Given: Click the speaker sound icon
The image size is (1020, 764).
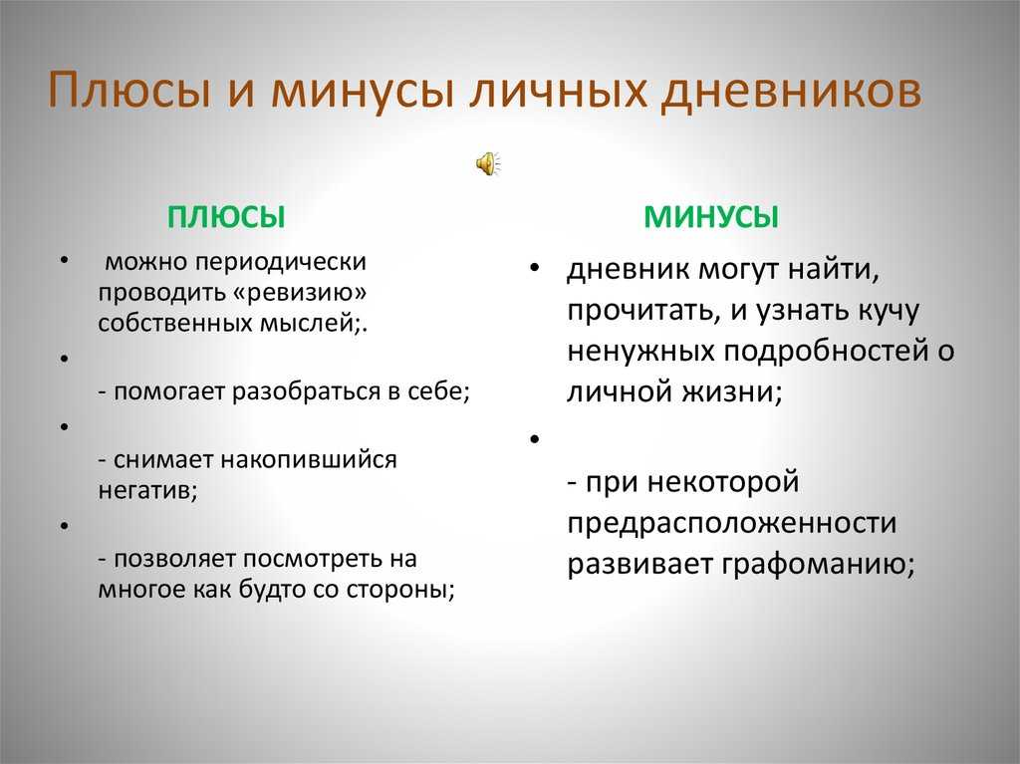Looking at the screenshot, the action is pos(488,163).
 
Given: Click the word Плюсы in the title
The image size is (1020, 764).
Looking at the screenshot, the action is pos(129,91).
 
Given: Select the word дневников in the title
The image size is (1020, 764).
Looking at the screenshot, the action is pos(791,91).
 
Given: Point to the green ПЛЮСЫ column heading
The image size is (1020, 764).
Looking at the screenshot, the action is pos(226,217).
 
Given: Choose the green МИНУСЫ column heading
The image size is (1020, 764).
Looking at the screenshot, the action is pos(711,217).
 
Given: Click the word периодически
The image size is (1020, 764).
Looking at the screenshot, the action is pos(281,262).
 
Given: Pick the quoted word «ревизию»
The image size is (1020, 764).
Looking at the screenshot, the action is pos(299,293).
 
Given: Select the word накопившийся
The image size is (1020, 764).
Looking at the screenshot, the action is pos(309,460).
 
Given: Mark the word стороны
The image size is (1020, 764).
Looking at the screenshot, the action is pos(400,590).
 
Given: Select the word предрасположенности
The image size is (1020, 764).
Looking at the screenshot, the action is pos(732,523).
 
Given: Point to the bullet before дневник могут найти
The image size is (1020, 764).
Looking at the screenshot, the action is pos(535,268).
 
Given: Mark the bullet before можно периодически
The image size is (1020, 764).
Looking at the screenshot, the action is pos(64,261).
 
